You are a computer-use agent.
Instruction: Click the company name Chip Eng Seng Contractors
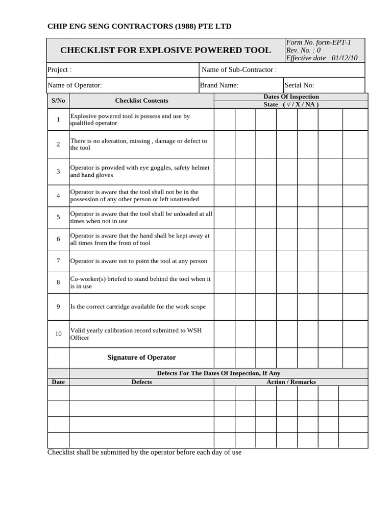pyautogui.click(x=139, y=26)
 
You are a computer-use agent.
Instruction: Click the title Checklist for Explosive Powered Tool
pyautogui.click(x=165, y=50)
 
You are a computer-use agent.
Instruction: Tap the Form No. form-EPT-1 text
pyautogui.click(x=318, y=42)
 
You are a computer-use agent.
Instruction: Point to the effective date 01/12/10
pyautogui.click(x=322, y=58)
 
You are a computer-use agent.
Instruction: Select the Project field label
pyautogui.click(x=59, y=69)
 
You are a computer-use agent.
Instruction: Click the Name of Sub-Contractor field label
pyautogui.click(x=239, y=69)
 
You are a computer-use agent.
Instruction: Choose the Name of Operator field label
pyautogui.click(x=75, y=85)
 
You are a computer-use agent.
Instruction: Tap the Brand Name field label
pyautogui.click(x=219, y=85)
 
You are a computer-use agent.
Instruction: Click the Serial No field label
pyautogui.click(x=300, y=85)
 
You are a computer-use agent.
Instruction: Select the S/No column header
pyautogui.click(x=58, y=101)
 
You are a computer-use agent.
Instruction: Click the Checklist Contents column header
pyautogui.click(x=141, y=101)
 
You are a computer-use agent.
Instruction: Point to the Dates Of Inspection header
pyautogui.click(x=291, y=97)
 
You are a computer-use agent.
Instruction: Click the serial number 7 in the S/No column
pyautogui.click(x=58, y=261)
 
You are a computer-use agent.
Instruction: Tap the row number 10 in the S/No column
pyautogui.click(x=58, y=334)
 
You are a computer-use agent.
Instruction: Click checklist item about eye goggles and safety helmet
pyautogui.click(x=139, y=171)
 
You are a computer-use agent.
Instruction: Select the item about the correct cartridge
pyautogui.click(x=138, y=307)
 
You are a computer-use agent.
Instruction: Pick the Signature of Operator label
pyautogui.click(x=141, y=358)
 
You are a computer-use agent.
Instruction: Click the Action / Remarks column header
pyautogui.click(x=291, y=382)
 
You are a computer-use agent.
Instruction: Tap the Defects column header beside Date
pyautogui.click(x=141, y=382)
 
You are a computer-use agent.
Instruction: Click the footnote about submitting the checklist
pyautogui.click(x=144, y=453)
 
